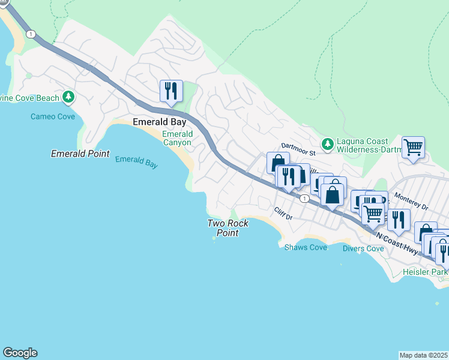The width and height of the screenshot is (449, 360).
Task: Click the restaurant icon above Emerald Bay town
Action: [171, 91]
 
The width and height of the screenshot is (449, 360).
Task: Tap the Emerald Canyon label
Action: [177, 139]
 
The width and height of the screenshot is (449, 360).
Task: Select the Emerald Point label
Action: [80, 154]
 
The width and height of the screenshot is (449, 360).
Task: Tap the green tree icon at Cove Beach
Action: [68, 97]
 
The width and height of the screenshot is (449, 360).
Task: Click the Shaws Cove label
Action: [306, 247]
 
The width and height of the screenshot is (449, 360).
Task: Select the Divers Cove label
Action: [363, 248]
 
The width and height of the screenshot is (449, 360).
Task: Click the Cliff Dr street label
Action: [282, 213]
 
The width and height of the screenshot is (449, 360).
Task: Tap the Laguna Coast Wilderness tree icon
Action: [327, 143]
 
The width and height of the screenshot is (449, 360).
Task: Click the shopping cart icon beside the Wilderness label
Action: [413, 146]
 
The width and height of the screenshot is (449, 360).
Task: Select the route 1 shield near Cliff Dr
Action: [305, 199]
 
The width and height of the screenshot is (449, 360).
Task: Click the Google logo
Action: [20, 353]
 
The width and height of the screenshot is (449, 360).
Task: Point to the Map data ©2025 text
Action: [423, 355]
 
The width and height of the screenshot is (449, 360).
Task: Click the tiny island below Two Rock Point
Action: [214, 238]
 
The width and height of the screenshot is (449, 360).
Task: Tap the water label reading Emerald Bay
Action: [136, 162]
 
